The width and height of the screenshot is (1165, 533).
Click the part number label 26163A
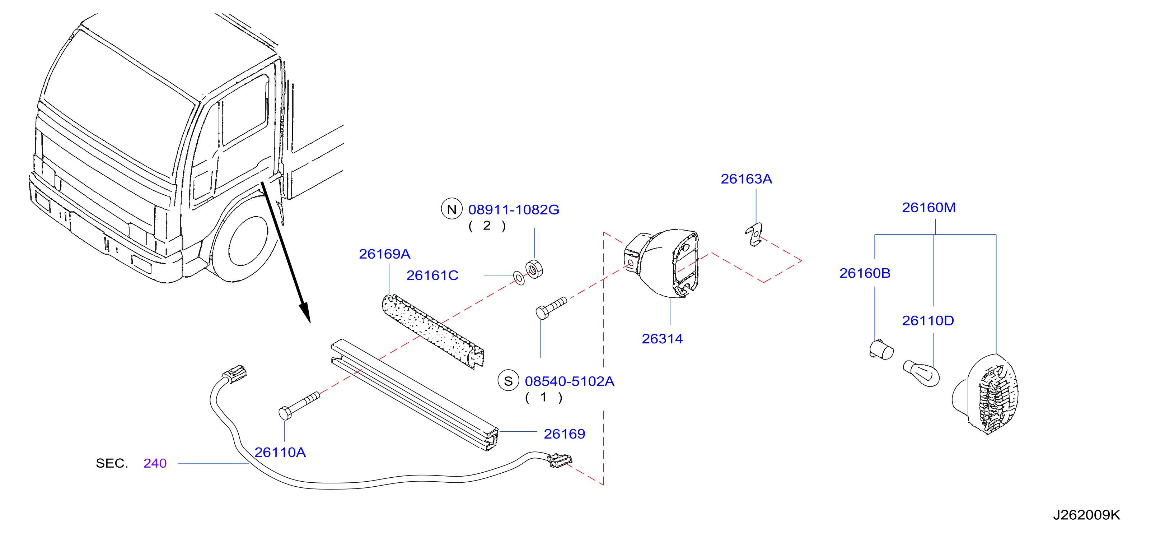pyautogui.click(x=746, y=179)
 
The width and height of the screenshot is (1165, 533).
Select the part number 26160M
pyautogui.click(x=928, y=208)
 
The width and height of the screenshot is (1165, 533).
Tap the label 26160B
pyautogui.click(x=865, y=273)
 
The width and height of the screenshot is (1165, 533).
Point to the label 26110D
pyautogui.click(x=928, y=321)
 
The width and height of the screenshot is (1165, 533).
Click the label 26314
pyautogui.click(x=662, y=339)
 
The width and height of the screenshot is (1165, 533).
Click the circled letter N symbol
pyautogui.click(x=452, y=209)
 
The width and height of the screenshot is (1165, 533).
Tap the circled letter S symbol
pyautogui.click(x=508, y=381)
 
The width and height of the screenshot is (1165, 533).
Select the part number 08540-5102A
pyautogui.click(x=569, y=381)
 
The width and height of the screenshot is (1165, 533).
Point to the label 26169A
pyautogui.click(x=384, y=254)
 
